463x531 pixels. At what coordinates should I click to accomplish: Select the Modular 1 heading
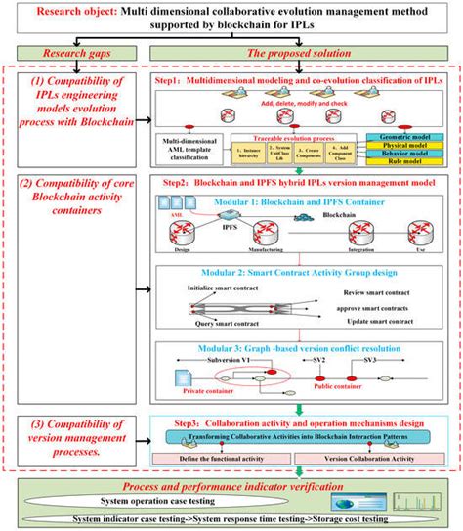coord(293,202)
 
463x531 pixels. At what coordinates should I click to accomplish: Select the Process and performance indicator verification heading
coord(231,482)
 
